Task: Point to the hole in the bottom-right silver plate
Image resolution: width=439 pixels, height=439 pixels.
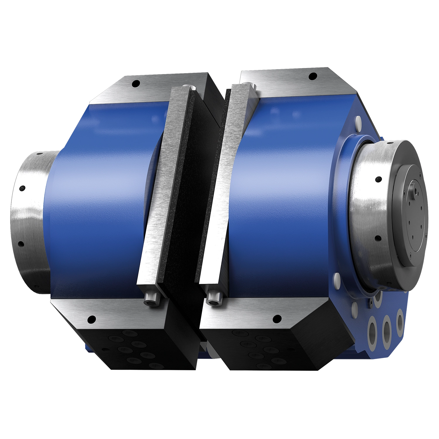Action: pyautogui.click(x=276, y=318)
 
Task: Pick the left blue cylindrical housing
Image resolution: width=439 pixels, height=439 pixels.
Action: pyautogui.click(x=97, y=190)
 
